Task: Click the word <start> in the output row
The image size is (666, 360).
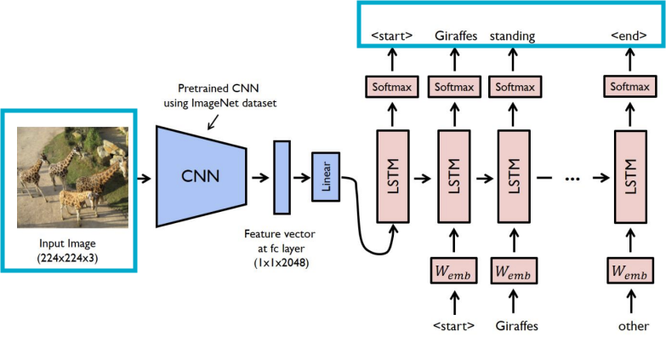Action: coord(392,36)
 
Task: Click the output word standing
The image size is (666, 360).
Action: coord(512,36)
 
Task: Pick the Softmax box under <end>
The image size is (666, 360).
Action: coord(630,86)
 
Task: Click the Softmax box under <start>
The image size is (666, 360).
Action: coord(392,86)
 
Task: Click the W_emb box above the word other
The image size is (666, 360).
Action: coord(630,273)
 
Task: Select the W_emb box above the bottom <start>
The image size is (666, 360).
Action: coord(453,273)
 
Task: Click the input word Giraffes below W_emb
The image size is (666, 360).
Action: coord(514,326)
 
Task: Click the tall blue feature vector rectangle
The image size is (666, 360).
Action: coord(282,177)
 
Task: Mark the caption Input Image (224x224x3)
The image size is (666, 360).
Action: coord(68,249)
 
